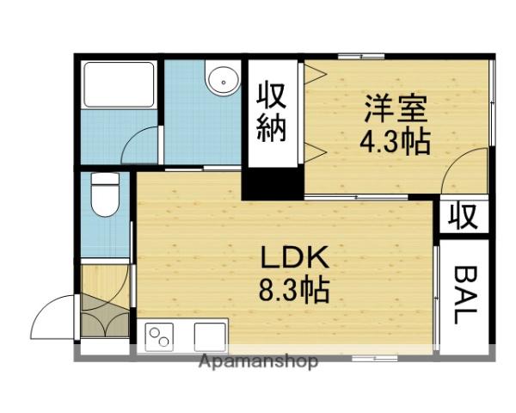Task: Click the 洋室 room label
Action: tap(396, 109)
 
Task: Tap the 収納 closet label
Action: tap(272, 113)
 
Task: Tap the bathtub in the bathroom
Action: tap(119, 83)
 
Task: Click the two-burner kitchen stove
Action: tap(161, 336)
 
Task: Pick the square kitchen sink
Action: tap(209, 336)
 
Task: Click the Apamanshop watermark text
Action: tap(258, 361)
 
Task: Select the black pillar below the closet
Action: tap(272, 183)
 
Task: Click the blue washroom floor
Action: tap(202, 125)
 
